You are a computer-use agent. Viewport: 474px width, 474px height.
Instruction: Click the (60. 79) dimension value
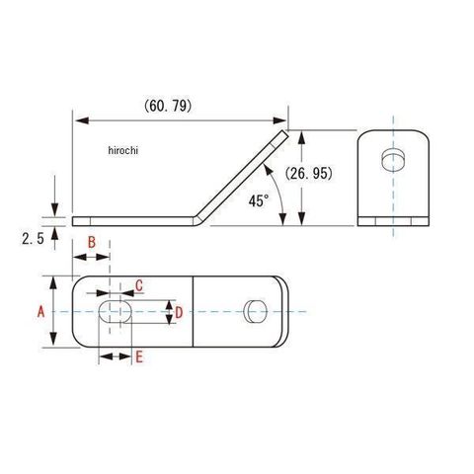pos(168,107)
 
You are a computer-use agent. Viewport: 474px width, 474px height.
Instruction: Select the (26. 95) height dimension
pos(309,174)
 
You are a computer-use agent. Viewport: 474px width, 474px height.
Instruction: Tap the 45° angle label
pos(259,200)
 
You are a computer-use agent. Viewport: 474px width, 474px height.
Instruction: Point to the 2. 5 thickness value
pos(33,239)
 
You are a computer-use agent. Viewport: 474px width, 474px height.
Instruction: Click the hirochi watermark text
pos(123,150)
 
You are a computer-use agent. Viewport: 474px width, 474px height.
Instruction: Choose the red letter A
pos(40,311)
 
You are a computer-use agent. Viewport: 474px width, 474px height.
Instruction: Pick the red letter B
pos(92,243)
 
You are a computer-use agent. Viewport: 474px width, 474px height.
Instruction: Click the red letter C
pos(139,285)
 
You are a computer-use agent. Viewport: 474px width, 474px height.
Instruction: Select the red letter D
pos(179,312)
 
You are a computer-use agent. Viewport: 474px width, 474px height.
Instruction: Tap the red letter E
pos(139,356)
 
